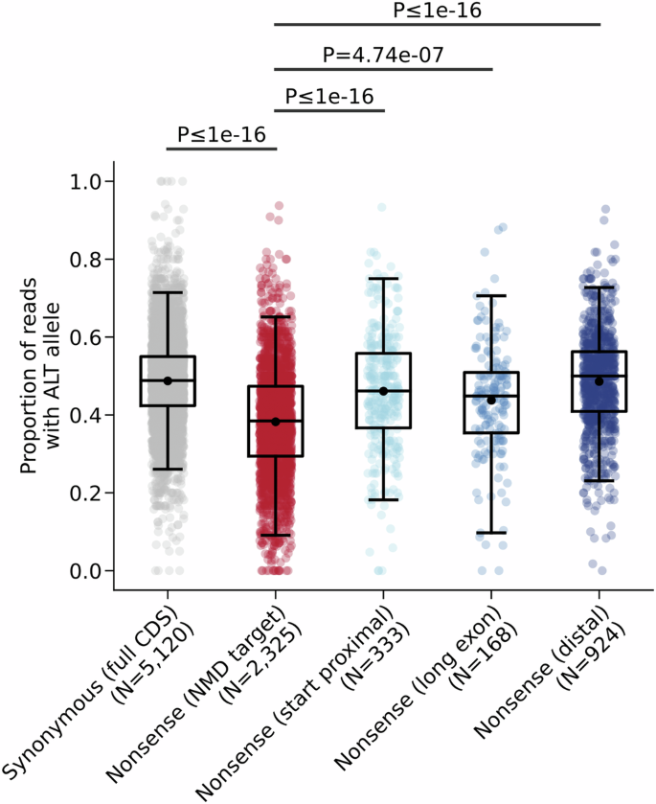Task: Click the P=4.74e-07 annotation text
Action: point(383,55)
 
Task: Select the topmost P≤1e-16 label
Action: point(437,11)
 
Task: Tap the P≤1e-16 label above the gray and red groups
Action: point(221,133)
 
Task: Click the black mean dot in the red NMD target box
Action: point(276,422)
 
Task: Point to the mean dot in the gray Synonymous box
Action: point(168,380)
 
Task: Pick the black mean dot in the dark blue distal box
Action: point(599,381)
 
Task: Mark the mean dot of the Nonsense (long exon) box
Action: point(491,400)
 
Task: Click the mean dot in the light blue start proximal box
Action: point(383,391)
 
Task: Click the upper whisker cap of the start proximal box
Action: point(383,279)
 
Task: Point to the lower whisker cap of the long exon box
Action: point(491,533)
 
